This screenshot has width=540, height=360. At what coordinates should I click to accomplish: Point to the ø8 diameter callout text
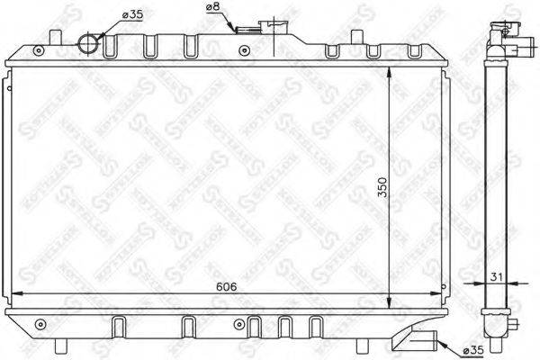pyautogui.click(x=213, y=8)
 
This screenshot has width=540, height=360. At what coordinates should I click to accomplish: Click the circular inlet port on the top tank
pyautogui.click(x=89, y=42)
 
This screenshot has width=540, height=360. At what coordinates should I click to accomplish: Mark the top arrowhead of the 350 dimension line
pyautogui.click(x=389, y=69)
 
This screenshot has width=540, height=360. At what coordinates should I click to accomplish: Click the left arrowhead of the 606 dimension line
pyautogui.click(x=13, y=296)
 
